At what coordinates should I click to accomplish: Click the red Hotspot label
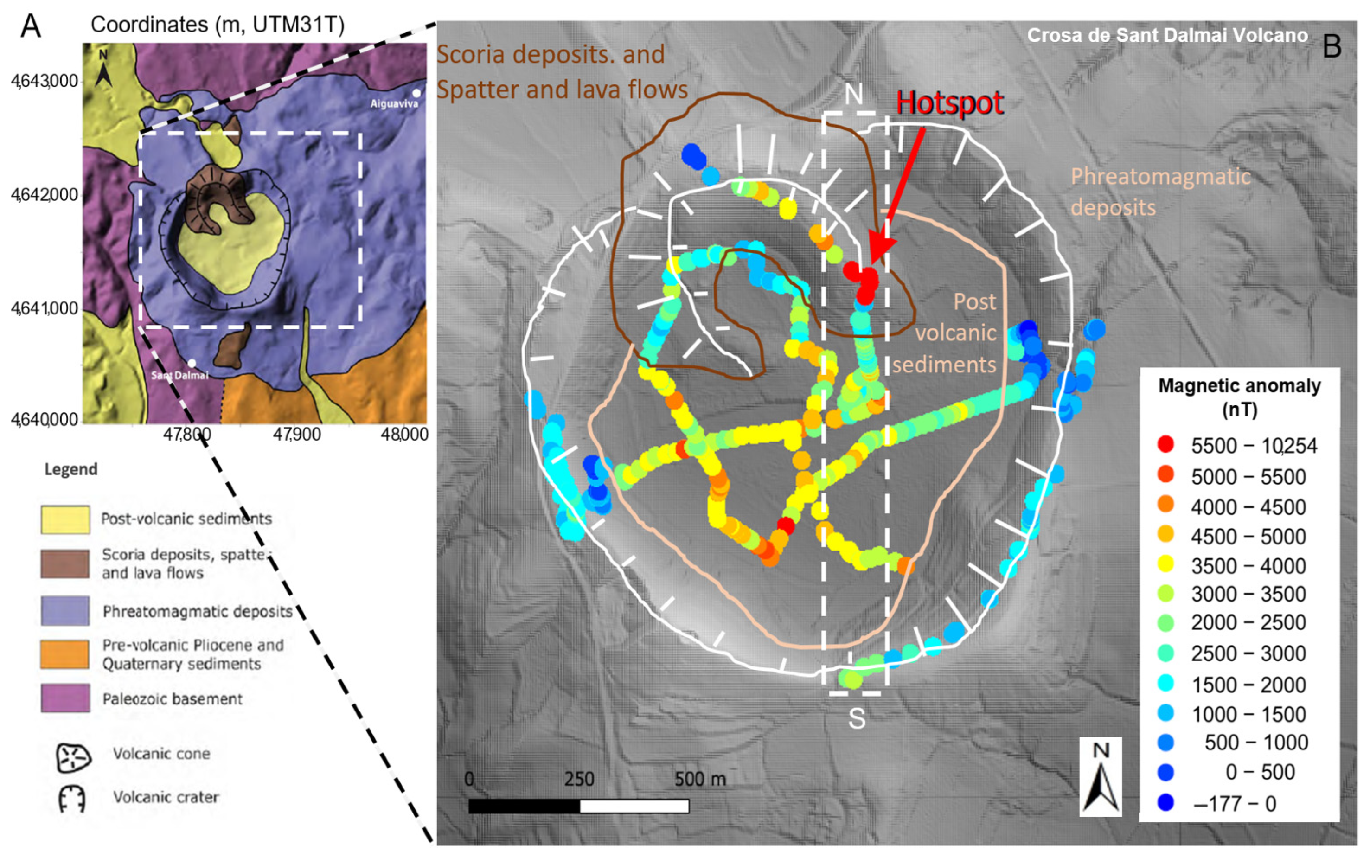coord(949,104)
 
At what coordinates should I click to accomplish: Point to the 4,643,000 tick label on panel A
coord(44,81)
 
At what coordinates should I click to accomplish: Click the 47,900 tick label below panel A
coord(297,435)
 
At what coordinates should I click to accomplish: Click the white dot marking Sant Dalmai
coord(192,363)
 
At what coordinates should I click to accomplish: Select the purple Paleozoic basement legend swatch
coord(64,698)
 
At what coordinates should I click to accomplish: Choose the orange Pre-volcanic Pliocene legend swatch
coord(64,654)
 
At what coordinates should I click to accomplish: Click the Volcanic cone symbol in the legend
coord(73,756)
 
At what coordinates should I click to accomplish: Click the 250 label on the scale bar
coord(579,779)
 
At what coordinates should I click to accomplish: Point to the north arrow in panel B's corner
coord(1100,777)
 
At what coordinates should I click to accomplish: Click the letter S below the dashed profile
coord(857,719)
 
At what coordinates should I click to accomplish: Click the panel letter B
coord(1332,46)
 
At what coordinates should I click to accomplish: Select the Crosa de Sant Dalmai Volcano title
coord(1167,36)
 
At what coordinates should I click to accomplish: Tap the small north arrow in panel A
coord(103,69)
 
